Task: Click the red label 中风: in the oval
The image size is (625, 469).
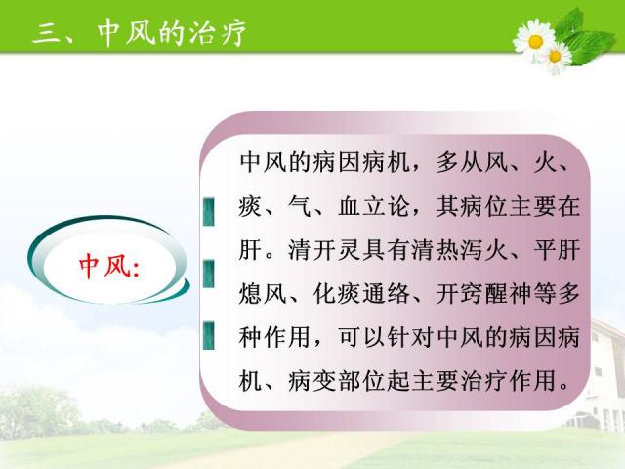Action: click(109, 266)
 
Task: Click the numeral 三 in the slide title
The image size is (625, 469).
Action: click(46, 33)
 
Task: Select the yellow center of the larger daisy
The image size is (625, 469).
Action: click(535, 41)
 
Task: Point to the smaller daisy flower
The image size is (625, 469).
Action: click(556, 57)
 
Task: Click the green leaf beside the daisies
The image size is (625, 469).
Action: click(589, 45)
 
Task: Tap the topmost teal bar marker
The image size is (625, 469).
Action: click(208, 212)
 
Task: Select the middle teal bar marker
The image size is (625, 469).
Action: click(208, 274)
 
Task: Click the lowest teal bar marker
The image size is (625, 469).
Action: click(208, 336)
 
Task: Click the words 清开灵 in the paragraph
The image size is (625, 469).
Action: click(324, 250)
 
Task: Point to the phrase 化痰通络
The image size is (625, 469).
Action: click(361, 294)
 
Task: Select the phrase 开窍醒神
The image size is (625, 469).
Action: click(484, 294)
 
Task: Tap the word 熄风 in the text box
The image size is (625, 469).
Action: click(263, 294)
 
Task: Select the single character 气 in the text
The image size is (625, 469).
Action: click(300, 206)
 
